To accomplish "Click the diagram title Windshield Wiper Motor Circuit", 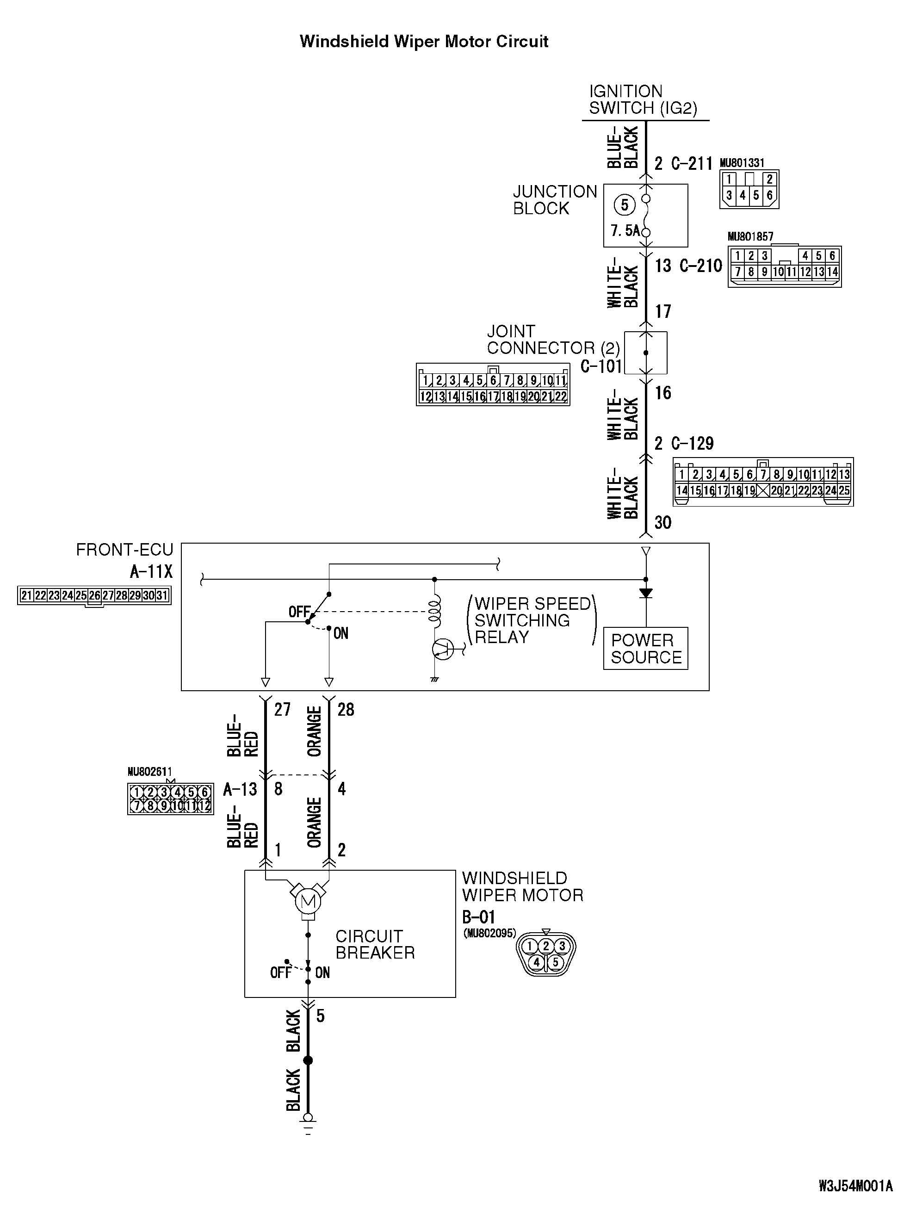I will pyautogui.click(x=424, y=42).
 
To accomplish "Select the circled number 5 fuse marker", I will pyautogui.click(x=624, y=205).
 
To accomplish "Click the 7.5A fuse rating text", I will pyautogui.click(x=625, y=230).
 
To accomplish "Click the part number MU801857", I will pyautogui.click(x=750, y=237).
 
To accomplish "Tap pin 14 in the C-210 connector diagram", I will pyautogui.click(x=832, y=272).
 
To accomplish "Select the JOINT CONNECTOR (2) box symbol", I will pyautogui.click(x=645, y=353).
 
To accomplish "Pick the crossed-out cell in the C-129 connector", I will pyautogui.click(x=763, y=490).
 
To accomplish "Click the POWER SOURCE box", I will pyautogui.click(x=645, y=648).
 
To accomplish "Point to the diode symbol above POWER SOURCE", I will pyautogui.click(x=645, y=594).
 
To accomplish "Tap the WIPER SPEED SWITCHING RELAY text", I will pyautogui.click(x=532, y=620).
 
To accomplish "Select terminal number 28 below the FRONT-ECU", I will pyautogui.click(x=346, y=709).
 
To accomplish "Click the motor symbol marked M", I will pyautogui.click(x=308, y=901).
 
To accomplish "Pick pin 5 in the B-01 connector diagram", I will pyautogui.click(x=555, y=962).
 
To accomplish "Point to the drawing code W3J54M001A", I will pyautogui.click(x=855, y=1201).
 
